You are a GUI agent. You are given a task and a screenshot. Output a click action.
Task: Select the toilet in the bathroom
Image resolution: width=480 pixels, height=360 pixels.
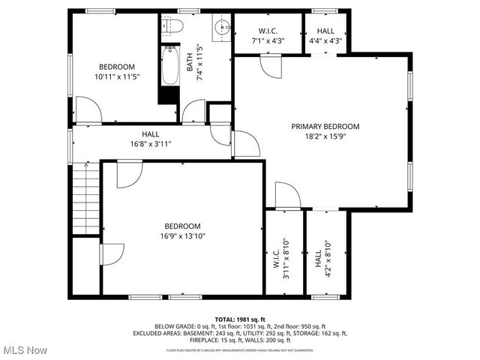pyautogui.click(x=172, y=28)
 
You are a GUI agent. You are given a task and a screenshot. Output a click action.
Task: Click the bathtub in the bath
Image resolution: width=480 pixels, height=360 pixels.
pyautogui.click(x=169, y=67)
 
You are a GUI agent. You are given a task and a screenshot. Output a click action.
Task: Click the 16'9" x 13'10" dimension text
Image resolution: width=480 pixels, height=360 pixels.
pyautogui.click(x=182, y=235)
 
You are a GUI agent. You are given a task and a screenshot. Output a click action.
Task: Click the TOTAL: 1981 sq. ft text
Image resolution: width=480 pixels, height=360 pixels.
pyautogui.click(x=240, y=319)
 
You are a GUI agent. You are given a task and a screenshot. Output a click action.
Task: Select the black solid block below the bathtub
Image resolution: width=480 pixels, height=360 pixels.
pyautogui.click(x=169, y=96)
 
